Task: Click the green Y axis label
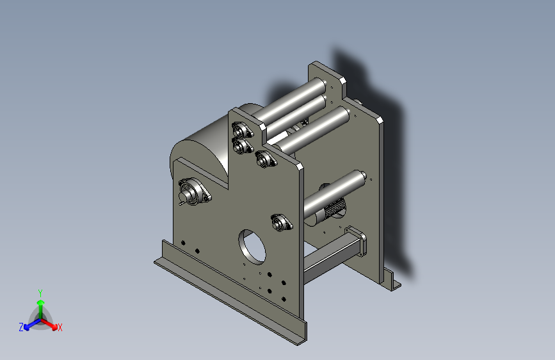coord(40,293)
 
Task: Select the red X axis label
coord(60,327)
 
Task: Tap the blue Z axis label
coord(21,327)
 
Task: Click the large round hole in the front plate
coord(252,247)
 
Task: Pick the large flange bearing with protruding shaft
coord(194,193)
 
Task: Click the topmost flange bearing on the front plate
coord(242,130)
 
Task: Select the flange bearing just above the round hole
coord(282,222)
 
